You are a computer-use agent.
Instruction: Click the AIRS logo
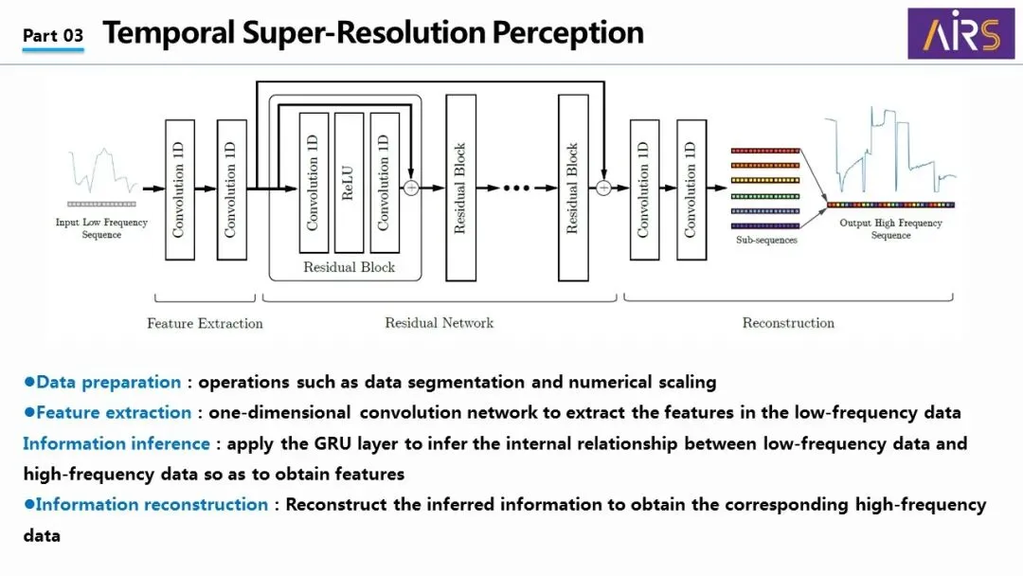tap(961, 33)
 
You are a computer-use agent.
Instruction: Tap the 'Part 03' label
tap(53, 35)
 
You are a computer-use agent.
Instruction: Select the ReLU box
tap(349, 183)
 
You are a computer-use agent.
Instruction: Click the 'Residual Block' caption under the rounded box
tap(349, 267)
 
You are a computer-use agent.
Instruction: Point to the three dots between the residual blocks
tap(517, 188)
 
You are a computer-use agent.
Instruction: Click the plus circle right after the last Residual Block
tap(603, 188)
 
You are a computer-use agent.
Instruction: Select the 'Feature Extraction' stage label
tap(205, 323)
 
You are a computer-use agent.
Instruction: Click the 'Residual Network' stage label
tap(440, 322)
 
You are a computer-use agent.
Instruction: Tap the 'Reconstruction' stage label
tap(788, 322)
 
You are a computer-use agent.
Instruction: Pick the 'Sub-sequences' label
tap(766, 240)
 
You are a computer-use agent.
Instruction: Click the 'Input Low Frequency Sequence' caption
tap(101, 228)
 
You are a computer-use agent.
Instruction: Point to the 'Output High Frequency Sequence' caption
tap(890, 229)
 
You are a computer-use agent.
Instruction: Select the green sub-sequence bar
tap(765, 196)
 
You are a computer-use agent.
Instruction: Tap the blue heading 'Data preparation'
tap(108, 382)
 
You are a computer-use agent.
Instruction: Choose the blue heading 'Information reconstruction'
tap(152, 504)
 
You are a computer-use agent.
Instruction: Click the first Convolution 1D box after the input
tap(180, 189)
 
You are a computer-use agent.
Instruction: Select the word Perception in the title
tap(567, 32)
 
